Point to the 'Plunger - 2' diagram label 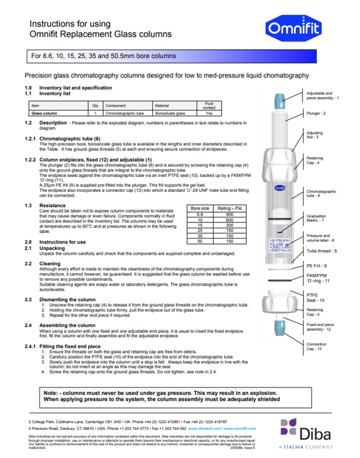[x=316, y=113]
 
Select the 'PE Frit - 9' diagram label [x=316, y=265]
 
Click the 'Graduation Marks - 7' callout [x=316, y=218]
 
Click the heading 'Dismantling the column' [x=67, y=299]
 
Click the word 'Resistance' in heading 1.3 [x=52, y=205]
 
